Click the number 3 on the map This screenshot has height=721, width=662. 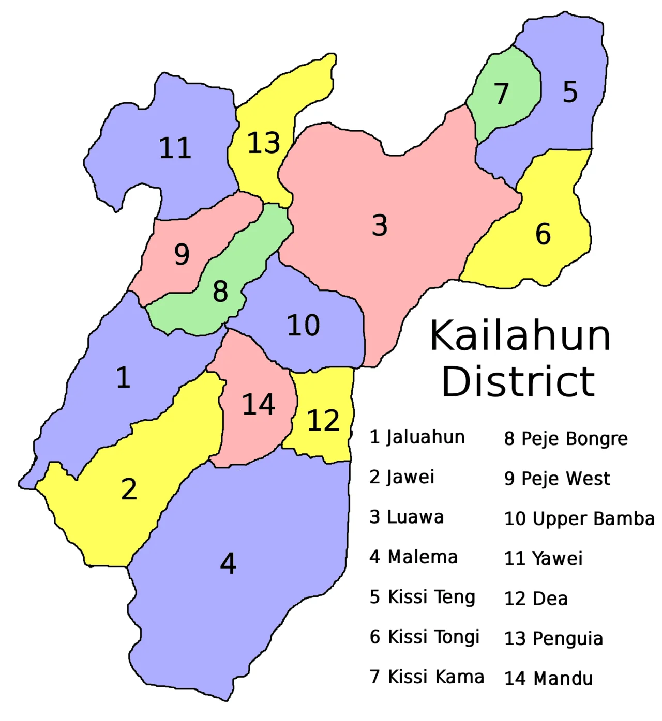coord(380,226)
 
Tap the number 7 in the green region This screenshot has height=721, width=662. coord(501,94)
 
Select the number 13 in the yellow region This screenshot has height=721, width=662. coord(264,143)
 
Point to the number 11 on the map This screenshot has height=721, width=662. coord(175,148)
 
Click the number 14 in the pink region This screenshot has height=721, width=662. coord(259,404)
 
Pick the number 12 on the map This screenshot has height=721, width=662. coord(323,420)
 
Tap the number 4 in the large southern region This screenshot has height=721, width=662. coord(228,563)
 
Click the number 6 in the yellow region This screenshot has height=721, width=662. coord(543,234)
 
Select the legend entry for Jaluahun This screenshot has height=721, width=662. coord(417,437)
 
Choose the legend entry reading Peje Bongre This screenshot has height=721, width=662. coord(566,439)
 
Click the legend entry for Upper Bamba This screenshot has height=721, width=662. coord(579,518)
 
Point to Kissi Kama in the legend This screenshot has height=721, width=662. coord(427,677)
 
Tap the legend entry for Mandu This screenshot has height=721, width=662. coord(549,678)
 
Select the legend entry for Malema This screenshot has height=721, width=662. coord(414,557)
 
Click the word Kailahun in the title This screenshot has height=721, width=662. coord(520,335)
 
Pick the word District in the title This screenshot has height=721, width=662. coord(518,381)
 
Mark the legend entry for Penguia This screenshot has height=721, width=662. coord(554,639)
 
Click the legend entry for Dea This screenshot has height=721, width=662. coord(536,599)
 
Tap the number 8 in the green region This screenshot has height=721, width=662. coord(220,292)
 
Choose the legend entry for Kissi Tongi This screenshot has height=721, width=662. coord(425,637)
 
